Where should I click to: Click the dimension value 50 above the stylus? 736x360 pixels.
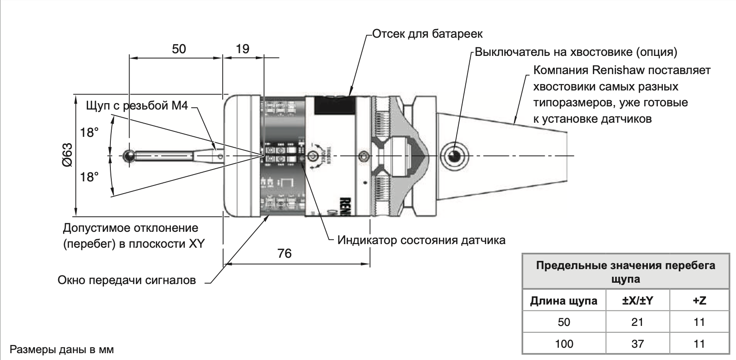[179, 49]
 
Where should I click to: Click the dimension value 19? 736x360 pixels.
[243, 49]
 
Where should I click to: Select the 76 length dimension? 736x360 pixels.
[284, 253]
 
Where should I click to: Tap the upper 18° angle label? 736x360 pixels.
[90, 133]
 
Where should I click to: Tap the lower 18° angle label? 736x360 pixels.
[90, 177]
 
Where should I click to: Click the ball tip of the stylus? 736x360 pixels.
[129, 156]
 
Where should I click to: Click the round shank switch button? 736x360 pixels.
[455, 156]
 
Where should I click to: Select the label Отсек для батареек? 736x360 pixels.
[427, 34]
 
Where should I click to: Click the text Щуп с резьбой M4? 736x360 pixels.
[137, 106]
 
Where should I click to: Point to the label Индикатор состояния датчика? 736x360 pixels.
[421, 240]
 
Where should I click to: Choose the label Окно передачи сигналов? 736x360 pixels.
[127, 280]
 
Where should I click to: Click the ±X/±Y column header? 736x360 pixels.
[637, 300]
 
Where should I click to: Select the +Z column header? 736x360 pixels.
[699, 300]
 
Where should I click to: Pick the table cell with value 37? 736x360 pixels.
[637, 344]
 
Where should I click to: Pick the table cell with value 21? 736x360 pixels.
[637, 322]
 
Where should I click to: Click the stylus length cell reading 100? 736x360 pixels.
[564, 344]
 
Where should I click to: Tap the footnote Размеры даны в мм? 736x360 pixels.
[62, 350]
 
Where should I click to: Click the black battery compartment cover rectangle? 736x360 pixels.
[335, 105]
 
